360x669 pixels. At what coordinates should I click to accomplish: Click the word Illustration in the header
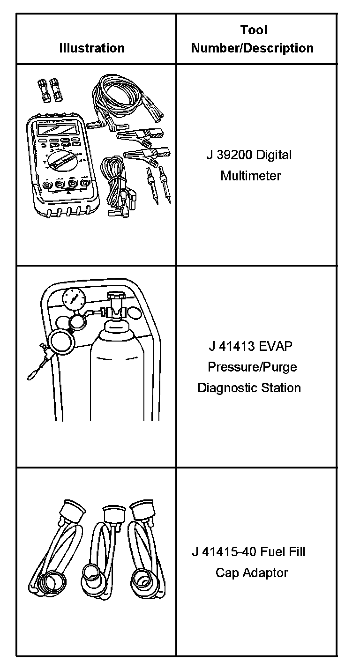92,48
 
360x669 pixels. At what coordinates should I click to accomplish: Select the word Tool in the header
254,30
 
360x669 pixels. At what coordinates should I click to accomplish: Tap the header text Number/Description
252,48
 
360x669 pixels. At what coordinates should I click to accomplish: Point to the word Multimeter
251,176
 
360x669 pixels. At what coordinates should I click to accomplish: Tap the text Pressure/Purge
252,367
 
